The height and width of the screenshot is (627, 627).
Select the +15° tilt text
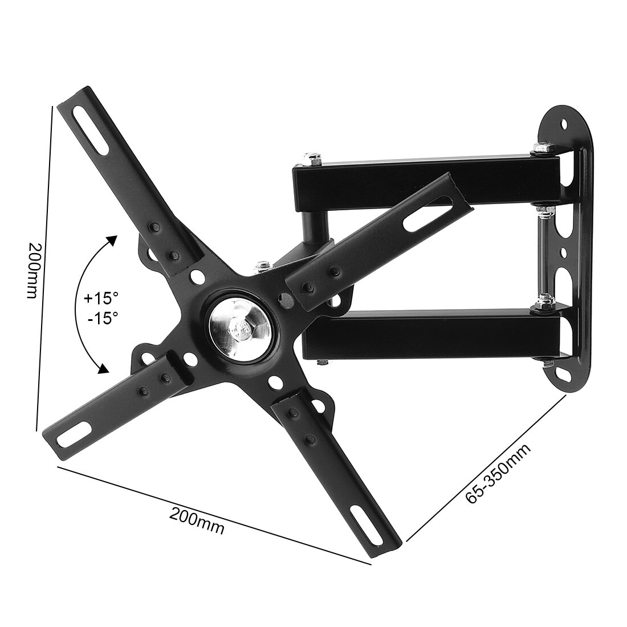[x=101, y=298]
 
